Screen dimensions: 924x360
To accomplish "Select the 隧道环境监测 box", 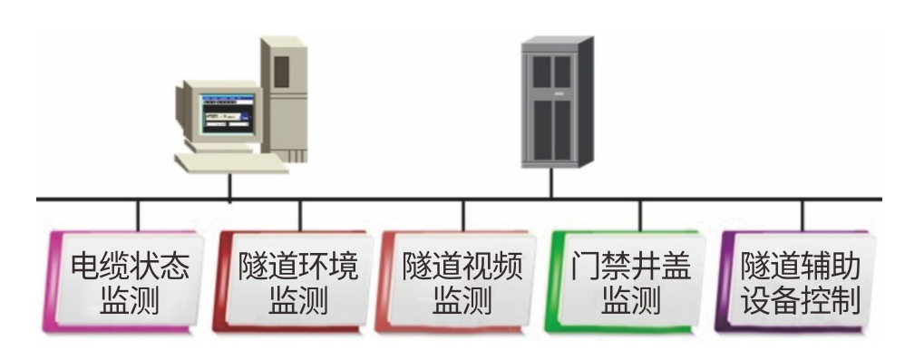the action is coord(293,282).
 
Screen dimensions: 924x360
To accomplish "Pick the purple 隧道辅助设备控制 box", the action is coord(795,282).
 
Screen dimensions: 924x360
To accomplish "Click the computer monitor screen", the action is coord(227,113).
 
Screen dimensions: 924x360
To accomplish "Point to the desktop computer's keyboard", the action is coord(231,162).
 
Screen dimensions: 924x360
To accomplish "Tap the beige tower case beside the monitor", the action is coord(284,99).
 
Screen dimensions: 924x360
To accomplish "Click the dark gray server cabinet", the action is coord(557,102).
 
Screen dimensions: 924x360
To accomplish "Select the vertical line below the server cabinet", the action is coord(551,182).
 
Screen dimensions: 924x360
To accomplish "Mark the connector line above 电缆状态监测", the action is coord(138,216).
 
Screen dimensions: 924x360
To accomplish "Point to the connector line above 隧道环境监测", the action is coord(299,216).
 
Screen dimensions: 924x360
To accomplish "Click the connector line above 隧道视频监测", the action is coord(463,216).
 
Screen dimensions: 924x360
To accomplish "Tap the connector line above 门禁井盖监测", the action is coord(640,216).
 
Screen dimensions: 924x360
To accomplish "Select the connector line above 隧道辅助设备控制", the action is coord(802,216).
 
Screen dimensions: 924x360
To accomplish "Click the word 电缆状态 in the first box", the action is coord(131,267).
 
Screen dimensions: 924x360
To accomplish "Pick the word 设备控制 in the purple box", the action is coord(801,300).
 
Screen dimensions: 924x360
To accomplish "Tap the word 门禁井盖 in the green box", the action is coord(631,267).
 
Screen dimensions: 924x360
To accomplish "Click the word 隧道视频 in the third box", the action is coord(462,267).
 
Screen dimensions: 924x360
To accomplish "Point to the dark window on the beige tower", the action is coord(282,72).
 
